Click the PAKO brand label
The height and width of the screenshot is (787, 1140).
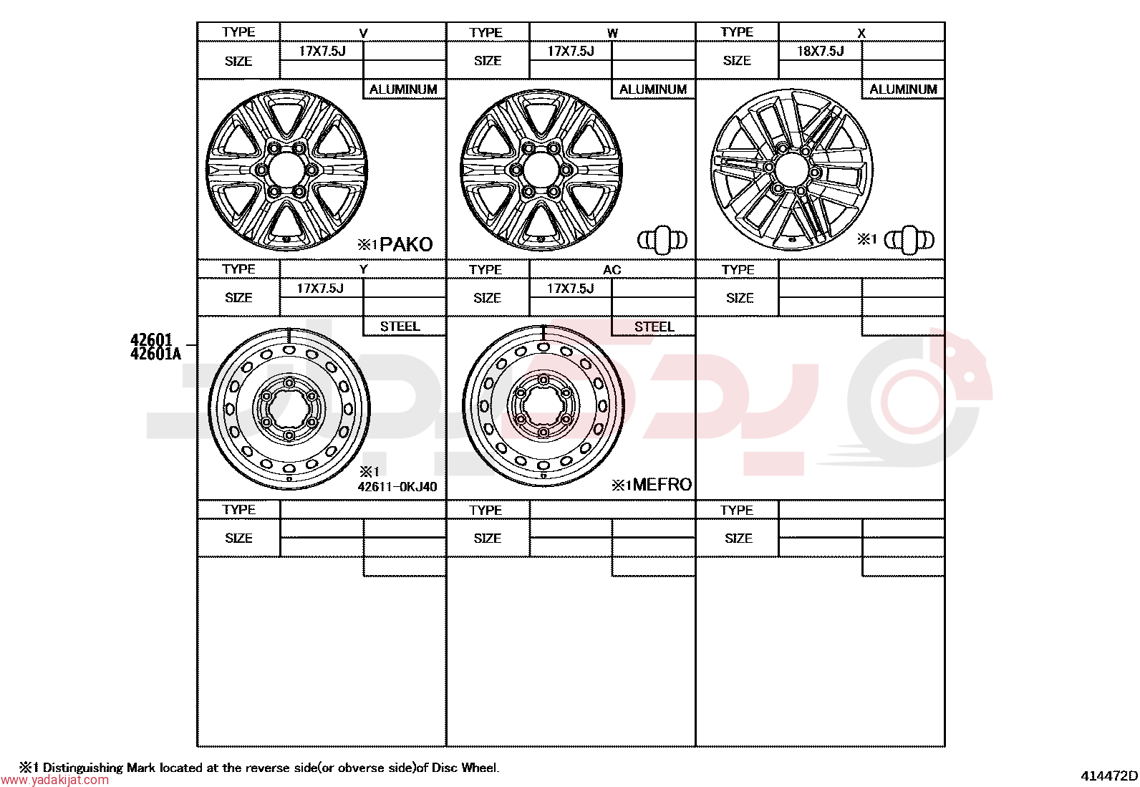pyautogui.click(x=405, y=245)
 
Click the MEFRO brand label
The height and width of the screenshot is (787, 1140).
pyautogui.click(x=662, y=484)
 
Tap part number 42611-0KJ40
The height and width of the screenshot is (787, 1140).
pyautogui.click(x=397, y=487)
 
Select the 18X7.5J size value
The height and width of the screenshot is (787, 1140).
pyautogui.click(x=820, y=52)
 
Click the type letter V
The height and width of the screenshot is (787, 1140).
pyautogui.click(x=363, y=34)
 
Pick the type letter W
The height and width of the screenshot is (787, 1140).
pyautogui.click(x=612, y=34)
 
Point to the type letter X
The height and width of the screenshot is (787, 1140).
pyautogui.click(x=861, y=34)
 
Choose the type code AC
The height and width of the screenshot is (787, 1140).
pyautogui.click(x=612, y=270)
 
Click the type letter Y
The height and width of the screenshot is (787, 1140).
pyautogui.click(x=363, y=269)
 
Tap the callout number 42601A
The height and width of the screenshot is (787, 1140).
pyautogui.click(x=155, y=354)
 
